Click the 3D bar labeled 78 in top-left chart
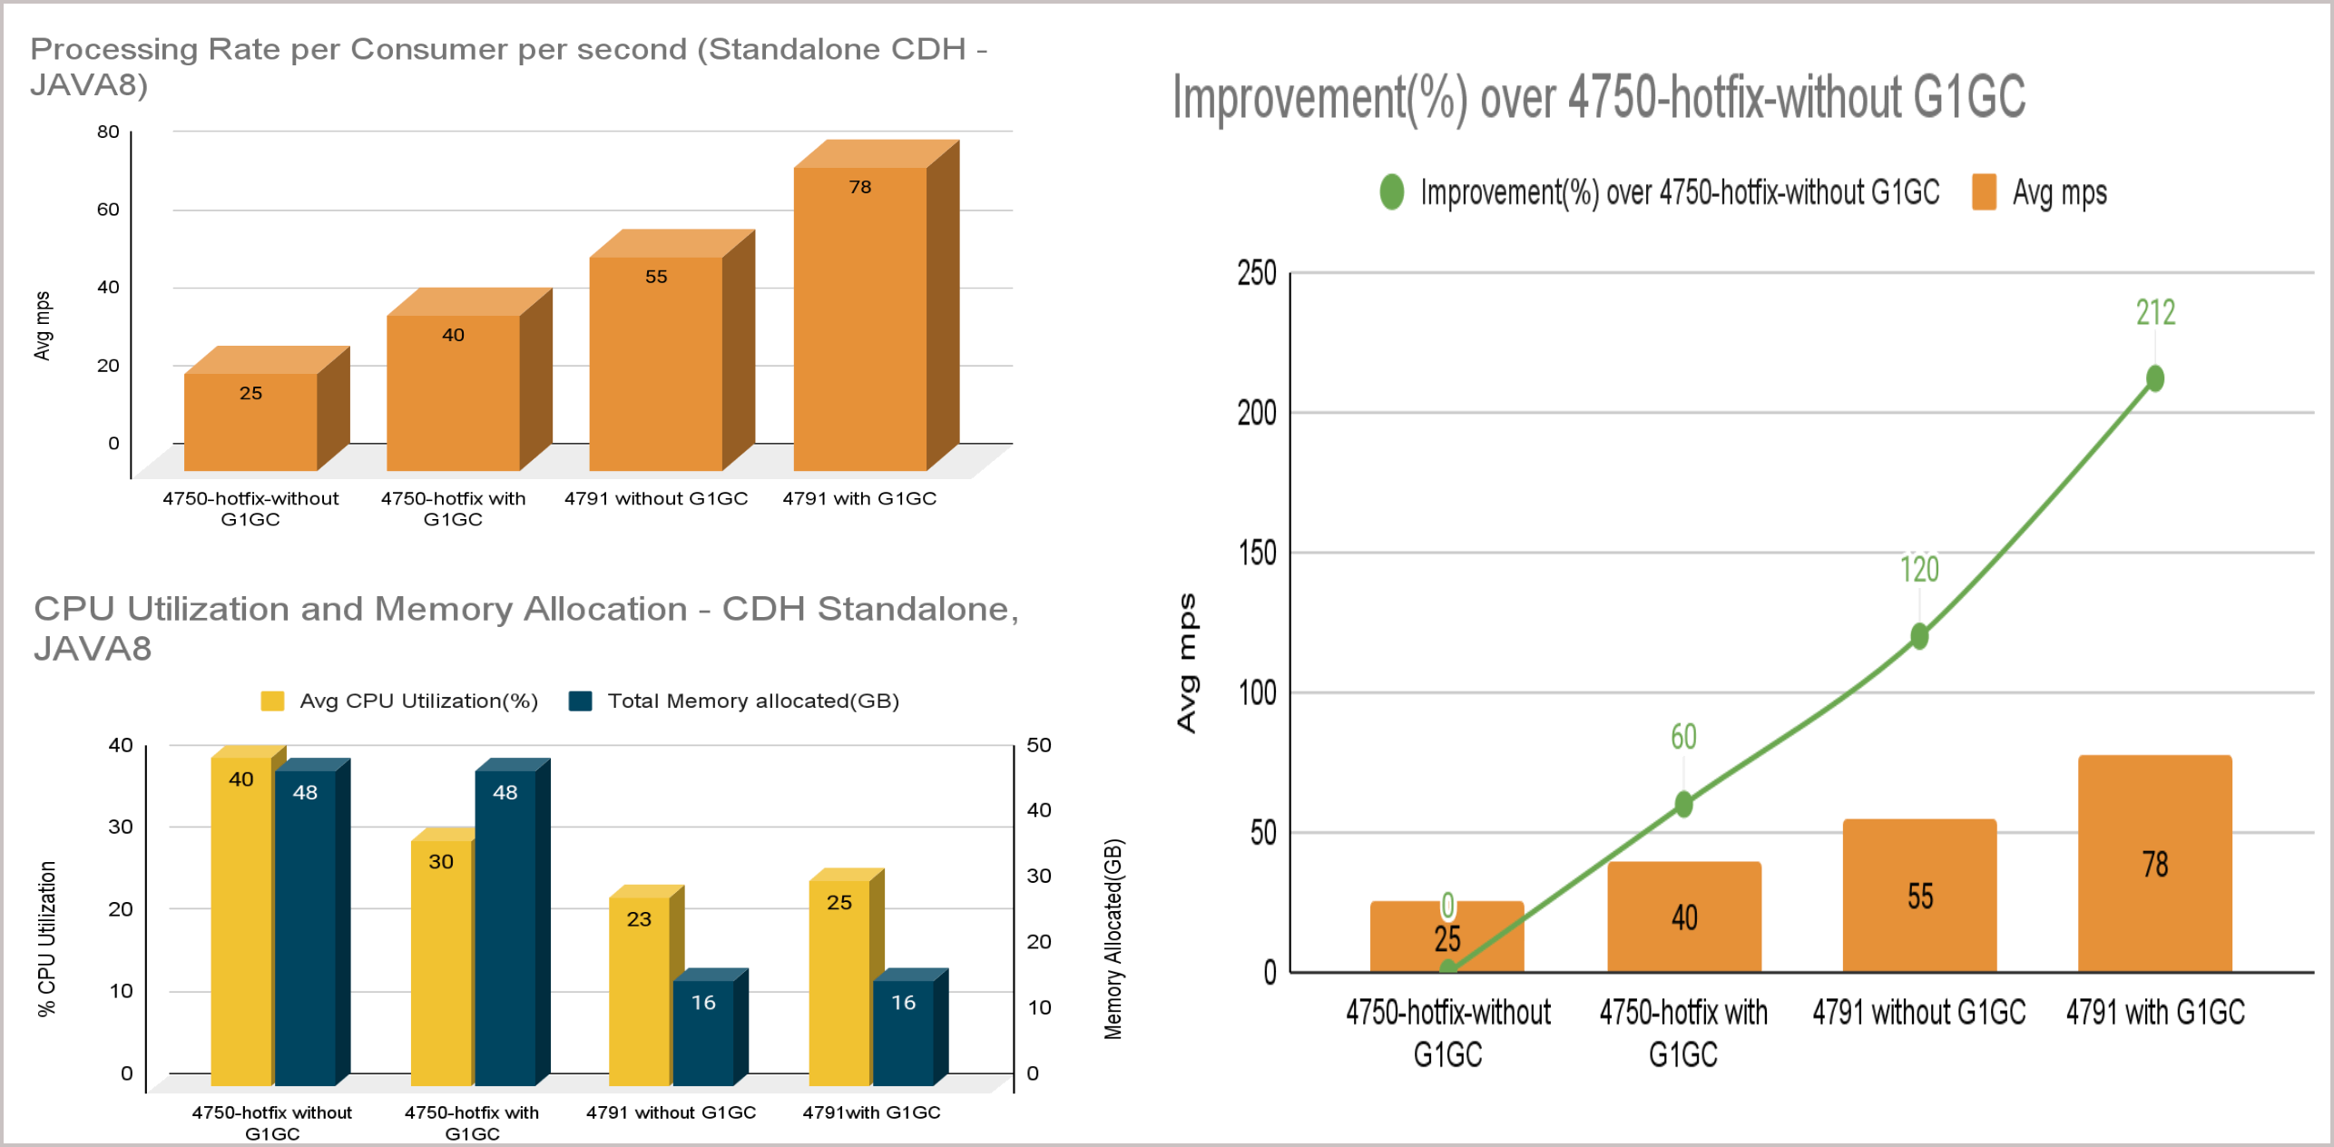click(859, 318)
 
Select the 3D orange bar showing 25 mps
click(250, 421)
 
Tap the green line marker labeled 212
click(2154, 378)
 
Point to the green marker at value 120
click(1918, 636)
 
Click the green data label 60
click(1683, 737)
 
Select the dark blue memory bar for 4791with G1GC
click(903, 1032)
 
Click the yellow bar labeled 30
click(441, 962)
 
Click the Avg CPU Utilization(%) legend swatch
click(272, 701)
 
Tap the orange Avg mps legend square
click(1984, 192)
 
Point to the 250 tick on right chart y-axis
click(1257, 273)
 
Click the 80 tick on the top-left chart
click(108, 132)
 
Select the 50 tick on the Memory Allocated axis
click(1039, 745)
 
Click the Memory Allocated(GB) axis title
click(1113, 938)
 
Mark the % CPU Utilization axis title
click(47, 938)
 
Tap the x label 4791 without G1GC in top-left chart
click(656, 498)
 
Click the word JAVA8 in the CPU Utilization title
click(93, 649)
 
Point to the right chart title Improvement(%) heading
click(1598, 97)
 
